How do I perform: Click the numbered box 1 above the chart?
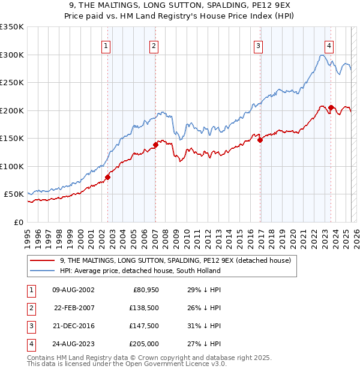106,46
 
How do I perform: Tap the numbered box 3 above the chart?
258,46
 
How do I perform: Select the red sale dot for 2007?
155,145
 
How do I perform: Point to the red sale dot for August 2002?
108,177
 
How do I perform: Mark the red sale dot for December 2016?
260,140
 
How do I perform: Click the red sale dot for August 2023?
331,107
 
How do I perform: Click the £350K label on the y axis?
12,27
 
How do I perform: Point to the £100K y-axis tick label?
12,166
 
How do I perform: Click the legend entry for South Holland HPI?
140,271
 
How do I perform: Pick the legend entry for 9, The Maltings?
175,260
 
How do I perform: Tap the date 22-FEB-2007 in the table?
74,308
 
